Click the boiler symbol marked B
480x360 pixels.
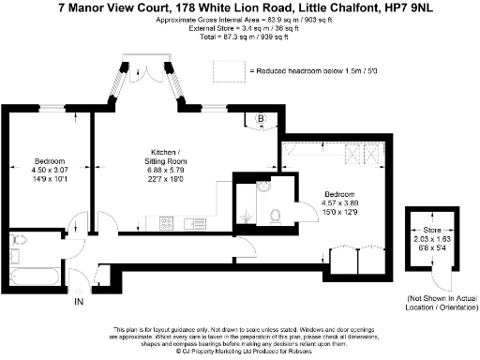[x=262, y=119]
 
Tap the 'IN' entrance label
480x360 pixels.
[x=79, y=302]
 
